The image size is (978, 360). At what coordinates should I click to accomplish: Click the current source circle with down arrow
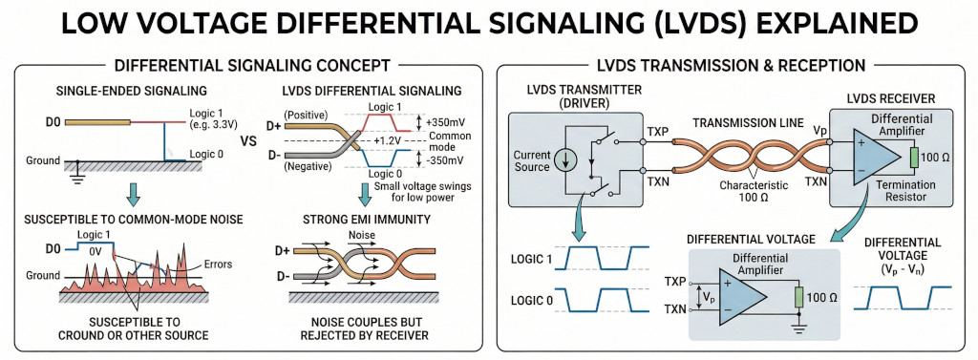tap(568, 159)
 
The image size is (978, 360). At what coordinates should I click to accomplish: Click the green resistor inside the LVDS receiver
tap(913, 157)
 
